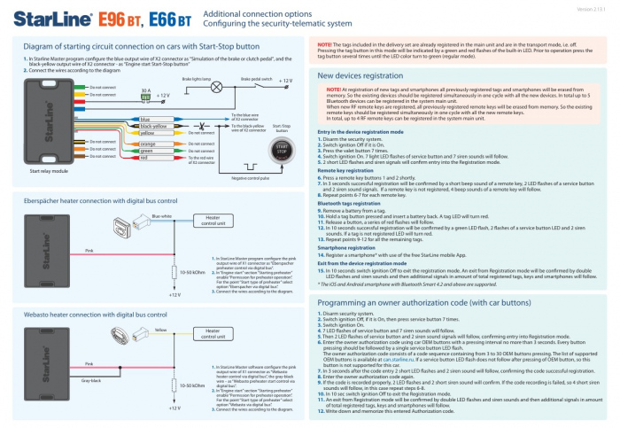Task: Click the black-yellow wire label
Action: pos(153,126)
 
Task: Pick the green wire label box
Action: pos(147,151)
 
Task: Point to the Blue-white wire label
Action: pos(161,214)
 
